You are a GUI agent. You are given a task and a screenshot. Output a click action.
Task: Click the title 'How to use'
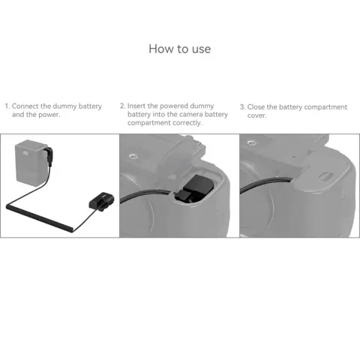180,49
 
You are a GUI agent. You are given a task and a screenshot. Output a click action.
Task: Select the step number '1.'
7,106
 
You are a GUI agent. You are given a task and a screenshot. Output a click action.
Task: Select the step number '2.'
123,106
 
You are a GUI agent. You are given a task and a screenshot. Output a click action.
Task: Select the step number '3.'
242,107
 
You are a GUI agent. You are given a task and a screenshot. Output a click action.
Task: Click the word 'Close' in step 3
257,107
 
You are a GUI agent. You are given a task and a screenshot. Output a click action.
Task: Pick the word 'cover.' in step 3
257,115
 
